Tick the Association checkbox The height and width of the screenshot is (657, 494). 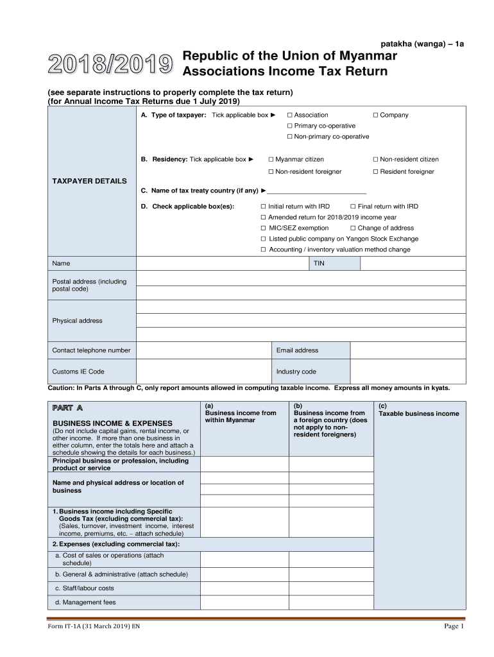[x=290, y=115]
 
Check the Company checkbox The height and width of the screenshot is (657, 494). [x=375, y=115]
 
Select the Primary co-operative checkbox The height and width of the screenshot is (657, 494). [x=290, y=126]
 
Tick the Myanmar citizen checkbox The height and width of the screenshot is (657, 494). [x=271, y=159]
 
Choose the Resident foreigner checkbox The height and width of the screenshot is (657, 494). [x=376, y=171]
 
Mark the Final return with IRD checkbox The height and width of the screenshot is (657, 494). [x=353, y=207]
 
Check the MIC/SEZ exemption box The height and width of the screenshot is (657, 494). [x=264, y=228]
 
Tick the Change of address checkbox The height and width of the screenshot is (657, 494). [x=353, y=228]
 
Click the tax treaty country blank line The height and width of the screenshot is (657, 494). [x=317, y=191]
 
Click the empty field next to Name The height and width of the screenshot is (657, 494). [x=222, y=264]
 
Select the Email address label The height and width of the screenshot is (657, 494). [x=297, y=350]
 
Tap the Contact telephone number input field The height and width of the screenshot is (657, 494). [x=203, y=350]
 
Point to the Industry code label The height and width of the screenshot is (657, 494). [x=296, y=371]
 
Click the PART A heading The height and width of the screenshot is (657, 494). [x=68, y=407]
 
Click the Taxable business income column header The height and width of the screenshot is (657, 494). [x=419, y=413]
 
